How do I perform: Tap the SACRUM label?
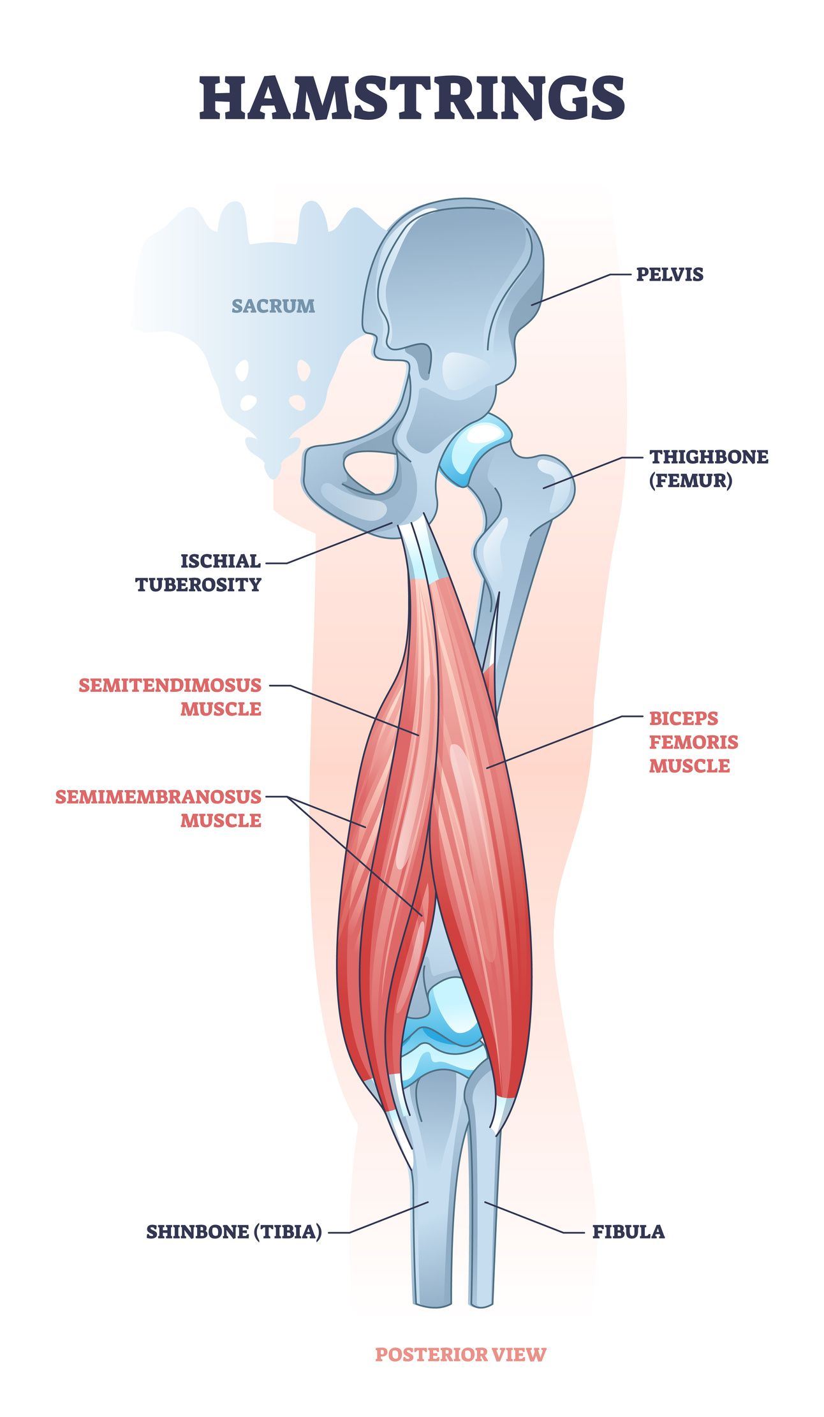coord(273,306)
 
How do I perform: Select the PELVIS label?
coord(670,274)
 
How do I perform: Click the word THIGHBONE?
coord(709,457)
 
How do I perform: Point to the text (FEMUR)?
coord(691,480)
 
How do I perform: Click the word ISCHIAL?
coord(221,561)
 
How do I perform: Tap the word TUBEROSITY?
coord(198,585)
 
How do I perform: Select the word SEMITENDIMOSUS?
coord(170,685)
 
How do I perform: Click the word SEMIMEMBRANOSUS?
coord(158,797)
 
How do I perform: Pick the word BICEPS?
coord(684,718)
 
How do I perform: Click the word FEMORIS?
coord(694,742)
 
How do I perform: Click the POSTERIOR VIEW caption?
coord(460,1354)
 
